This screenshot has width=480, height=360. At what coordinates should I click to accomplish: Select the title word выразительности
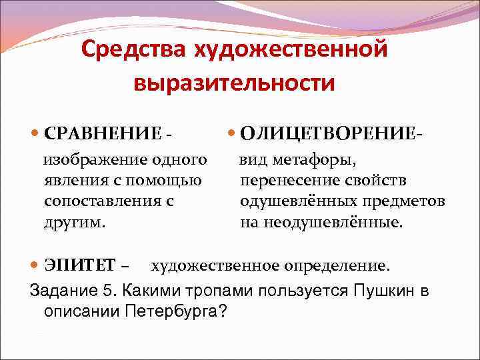click(233, 83)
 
